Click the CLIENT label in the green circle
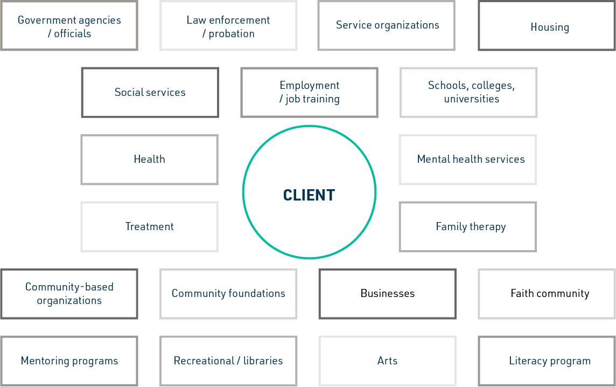coord(309,195)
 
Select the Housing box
coord(547,25)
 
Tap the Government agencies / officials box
coord(69,25)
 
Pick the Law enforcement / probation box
coord(228,25)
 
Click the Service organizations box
coord(387,25)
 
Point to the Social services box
coord(150,92)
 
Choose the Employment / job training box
coord(310,92)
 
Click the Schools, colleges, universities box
coord(468,92)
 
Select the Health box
coord(150,160)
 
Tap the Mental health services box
coord(468,160)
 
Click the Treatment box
coord(150,227)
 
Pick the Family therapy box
coord(468,227)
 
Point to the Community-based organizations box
coord(69,294)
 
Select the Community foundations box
coord(228,294)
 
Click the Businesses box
coord(387,294)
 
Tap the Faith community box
coord(547,294)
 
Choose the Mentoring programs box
coord(69,361)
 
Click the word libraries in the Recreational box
coord(263,361)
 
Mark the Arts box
coord(387,361)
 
